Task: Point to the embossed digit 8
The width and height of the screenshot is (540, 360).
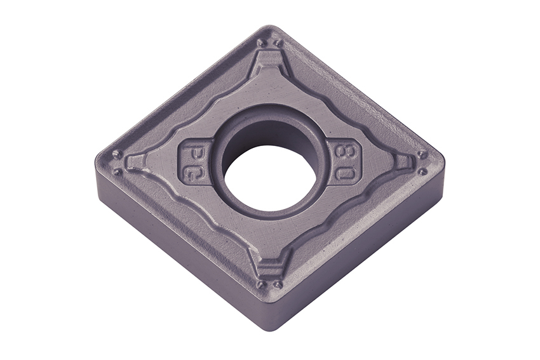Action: tap(341, 152)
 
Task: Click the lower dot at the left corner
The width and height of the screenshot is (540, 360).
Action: tap(118, 170)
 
